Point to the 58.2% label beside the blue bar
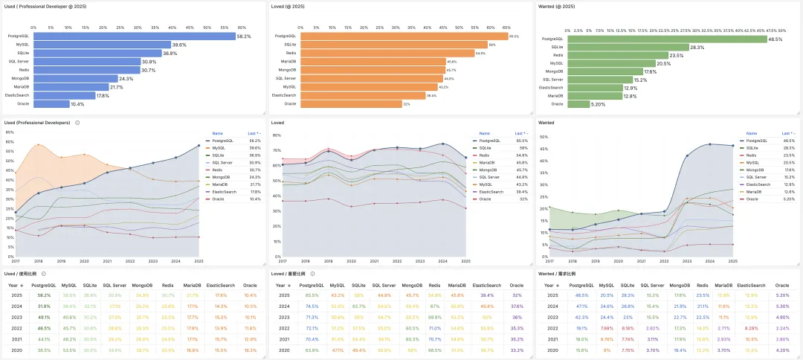245,36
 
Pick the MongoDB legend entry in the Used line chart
221,177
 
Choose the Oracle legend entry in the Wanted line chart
752,199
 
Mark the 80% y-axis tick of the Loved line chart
276,135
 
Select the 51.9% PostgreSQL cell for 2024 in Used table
43,306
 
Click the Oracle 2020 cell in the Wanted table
781,349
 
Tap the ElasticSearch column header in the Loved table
486,285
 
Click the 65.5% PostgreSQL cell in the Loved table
312,295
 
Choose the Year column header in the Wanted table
553,285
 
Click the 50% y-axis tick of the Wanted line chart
543,137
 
